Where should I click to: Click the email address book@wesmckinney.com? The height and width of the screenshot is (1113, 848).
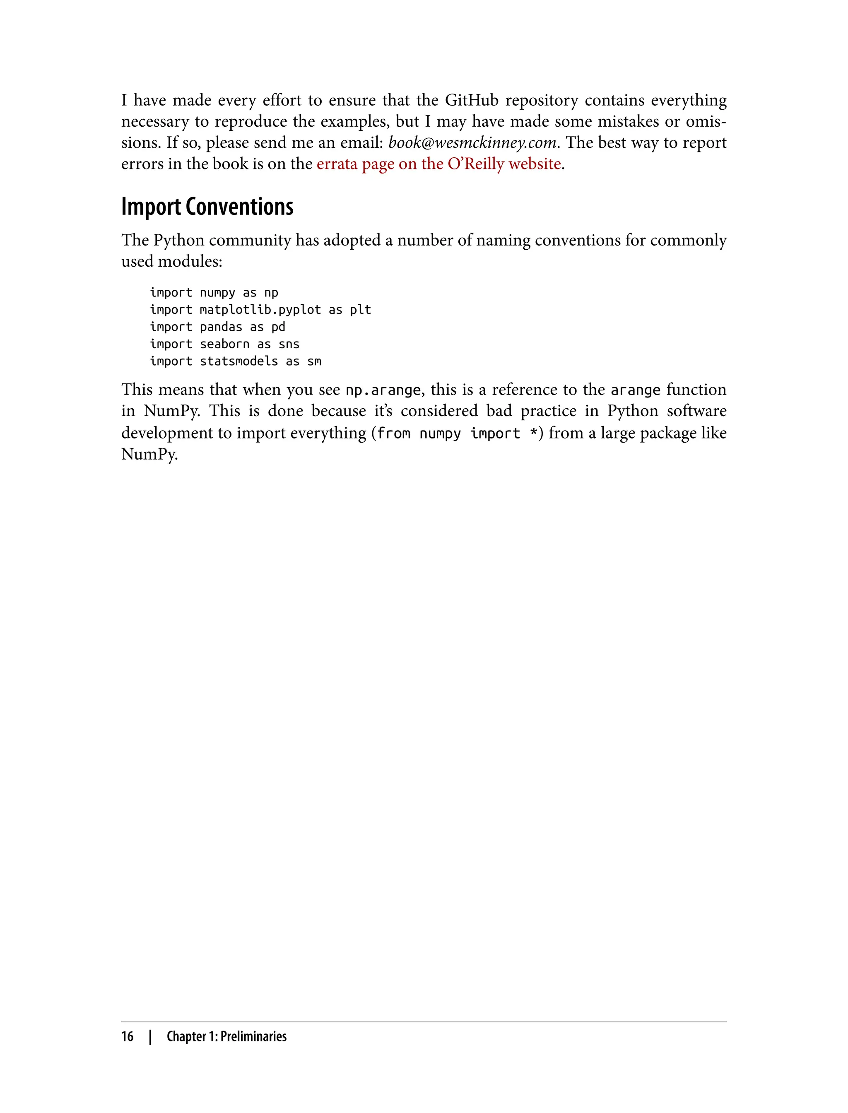472,143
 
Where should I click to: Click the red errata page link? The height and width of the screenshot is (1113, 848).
438,164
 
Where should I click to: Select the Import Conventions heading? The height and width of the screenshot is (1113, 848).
207,207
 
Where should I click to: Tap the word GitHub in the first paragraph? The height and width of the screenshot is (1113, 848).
472,101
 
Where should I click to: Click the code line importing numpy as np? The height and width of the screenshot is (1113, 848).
214,293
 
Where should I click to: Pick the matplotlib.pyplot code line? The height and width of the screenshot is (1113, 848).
260,310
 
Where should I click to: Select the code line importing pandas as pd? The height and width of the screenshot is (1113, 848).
217,327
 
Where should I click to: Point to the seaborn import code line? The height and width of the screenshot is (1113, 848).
224,344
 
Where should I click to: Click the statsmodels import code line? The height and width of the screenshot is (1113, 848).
235,361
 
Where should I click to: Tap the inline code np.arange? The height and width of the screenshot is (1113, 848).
383,390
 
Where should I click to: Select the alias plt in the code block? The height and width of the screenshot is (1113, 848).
360,310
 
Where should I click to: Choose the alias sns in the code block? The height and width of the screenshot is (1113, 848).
289,344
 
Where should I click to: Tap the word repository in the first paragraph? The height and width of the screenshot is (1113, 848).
542,101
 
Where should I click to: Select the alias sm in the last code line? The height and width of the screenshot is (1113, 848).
314,361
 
